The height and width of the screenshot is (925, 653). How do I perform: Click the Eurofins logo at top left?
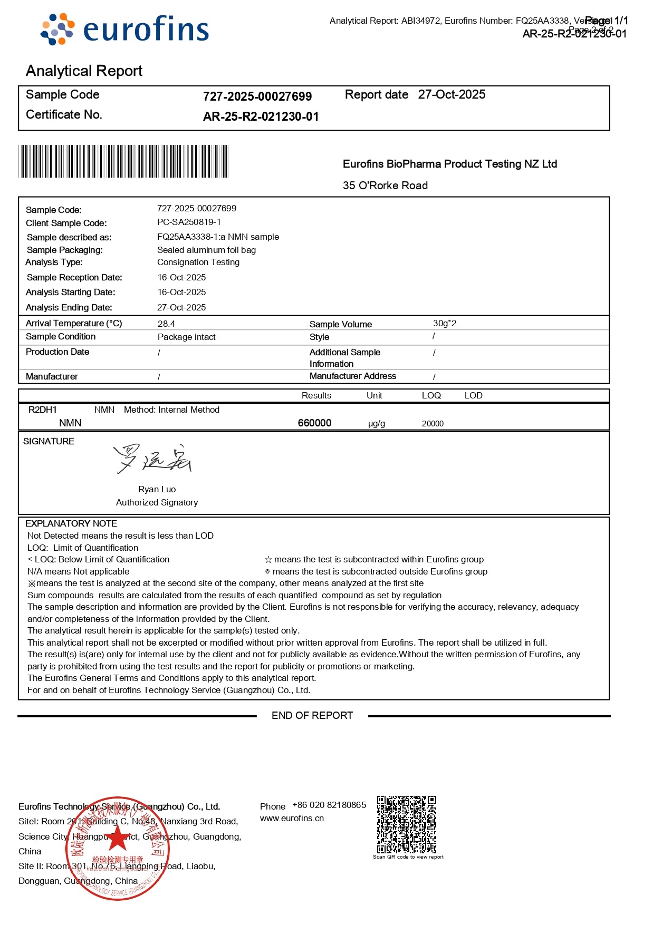pyautogui.click(x=125, y=30)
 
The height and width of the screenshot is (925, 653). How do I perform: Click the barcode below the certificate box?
pyautogui.click(x=124, y=161)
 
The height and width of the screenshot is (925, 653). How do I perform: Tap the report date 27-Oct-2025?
pyautogui.click(x=452, y=95)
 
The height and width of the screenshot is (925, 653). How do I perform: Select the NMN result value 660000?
pyautogui.click(x=314, y=423)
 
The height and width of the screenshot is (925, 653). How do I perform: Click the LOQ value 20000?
pyautogui.click(x=433, y=424)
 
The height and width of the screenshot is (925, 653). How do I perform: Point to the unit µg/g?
pyautogui.click(x=377, y=424)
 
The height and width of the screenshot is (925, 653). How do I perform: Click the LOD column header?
pyautogui.click(x=473, y=396)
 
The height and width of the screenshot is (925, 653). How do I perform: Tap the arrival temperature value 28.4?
pyautogui.click(x=166, y=324)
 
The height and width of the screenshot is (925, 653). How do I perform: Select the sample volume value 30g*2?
pyautogui.click(x=444, y=324)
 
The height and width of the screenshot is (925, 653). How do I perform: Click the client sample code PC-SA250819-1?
pyautogui.click(x=189, y=222)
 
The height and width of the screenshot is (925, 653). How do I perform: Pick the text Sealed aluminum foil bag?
pyautogui.click(x=206, y=250)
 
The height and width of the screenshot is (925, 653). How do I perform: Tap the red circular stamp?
pyautogui.click(x=117, y=849)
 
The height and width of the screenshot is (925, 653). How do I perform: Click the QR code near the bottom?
pyautogui.click(x=406, y=824)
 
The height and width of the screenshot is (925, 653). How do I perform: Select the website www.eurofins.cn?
pyautogui.click(x=292, y=819)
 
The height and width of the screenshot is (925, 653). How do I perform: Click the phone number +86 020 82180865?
pyautogui.click(x=329, y=805)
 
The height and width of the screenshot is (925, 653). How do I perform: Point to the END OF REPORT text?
pyautogui.click(x=312, y=716)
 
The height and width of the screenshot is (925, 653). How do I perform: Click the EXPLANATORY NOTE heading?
pyautogui.click(x=71, y=524)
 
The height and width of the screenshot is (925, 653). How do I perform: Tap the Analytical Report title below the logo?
pyautogui.click(x=84, y=71)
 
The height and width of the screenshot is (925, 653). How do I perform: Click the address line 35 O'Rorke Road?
pyautogui.click(x=385, y=186)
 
